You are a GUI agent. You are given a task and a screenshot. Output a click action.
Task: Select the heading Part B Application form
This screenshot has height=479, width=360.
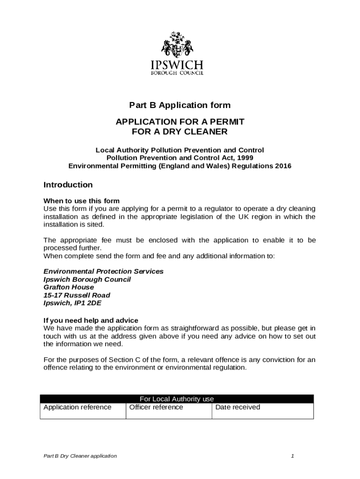pyautogui.click(x=180, y=105)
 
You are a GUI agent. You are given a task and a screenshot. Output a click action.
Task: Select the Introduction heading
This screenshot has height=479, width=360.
pyautogui.click(x=68, y=185)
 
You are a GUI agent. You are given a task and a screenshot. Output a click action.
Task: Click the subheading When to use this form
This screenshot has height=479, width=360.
pyautogui.click(x=81, y=201)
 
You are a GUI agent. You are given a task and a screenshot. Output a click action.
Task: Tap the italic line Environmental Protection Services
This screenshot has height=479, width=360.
pyautogui.click(x=103, y=271)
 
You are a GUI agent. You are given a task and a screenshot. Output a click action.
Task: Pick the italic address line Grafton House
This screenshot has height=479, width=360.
pyautogui.click(x=69, y=287)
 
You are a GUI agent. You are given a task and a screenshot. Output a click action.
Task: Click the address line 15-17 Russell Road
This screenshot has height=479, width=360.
pyautogui.click(x=77, y=295)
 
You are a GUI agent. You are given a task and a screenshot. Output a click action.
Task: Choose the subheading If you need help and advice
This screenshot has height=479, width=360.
pyautogui.click(x=91, y=320)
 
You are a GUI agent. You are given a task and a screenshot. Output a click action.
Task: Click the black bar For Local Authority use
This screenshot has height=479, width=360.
pyautogui.click(x=177, y=399)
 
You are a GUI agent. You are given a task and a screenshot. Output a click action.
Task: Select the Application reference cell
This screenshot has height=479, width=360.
pyautogui.click(x=78, y=407)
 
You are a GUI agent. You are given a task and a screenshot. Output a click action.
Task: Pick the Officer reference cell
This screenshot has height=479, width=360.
pyautogui.click(x=156, y=407)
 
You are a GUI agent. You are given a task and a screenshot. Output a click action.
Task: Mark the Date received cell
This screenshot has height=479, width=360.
pyautogui.click(x=237, y=407)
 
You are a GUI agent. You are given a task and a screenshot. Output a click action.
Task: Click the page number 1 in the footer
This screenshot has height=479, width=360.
pyautogui.click(x=292, y=456)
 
